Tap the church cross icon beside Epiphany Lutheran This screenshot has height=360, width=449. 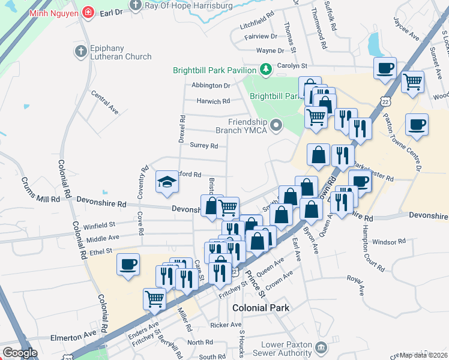(80, 52)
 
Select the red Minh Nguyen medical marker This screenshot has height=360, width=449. (88, 11)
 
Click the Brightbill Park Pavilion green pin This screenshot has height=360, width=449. (265, 70)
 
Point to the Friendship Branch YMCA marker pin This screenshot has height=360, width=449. (276, 125)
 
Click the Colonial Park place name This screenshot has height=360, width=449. (261, 308)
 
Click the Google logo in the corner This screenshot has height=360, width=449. (20, 352)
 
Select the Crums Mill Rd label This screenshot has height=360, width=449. (41, 190)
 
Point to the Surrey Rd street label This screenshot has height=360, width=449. (203, 145)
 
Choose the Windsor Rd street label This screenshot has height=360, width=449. (388, 242)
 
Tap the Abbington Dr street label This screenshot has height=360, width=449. (211, 85)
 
